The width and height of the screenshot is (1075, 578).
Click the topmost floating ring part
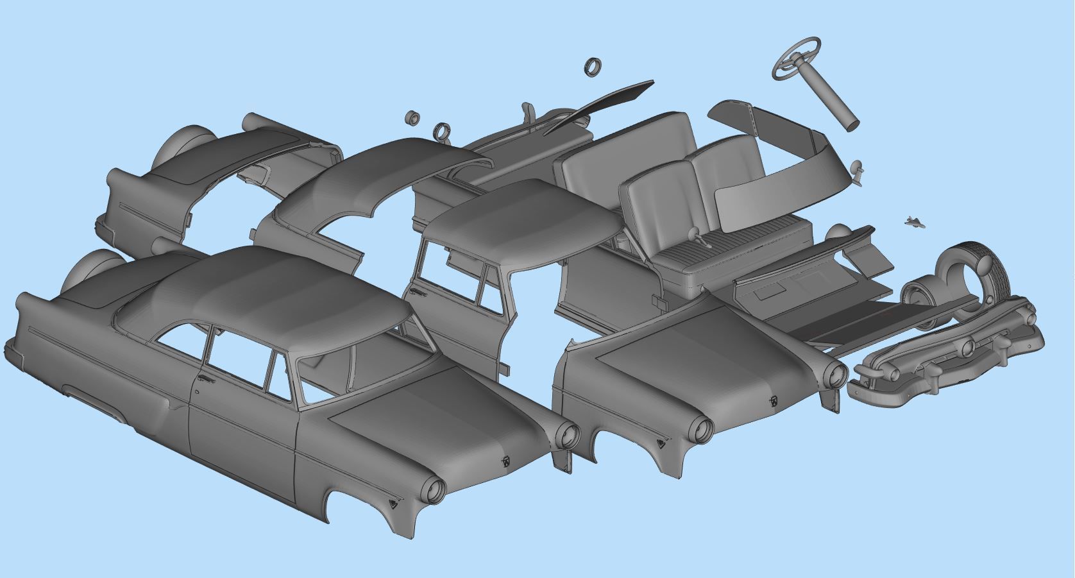pos(593,67)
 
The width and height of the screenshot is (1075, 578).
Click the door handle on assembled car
pos(206,380)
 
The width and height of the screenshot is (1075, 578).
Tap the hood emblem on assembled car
pos(505,460)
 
